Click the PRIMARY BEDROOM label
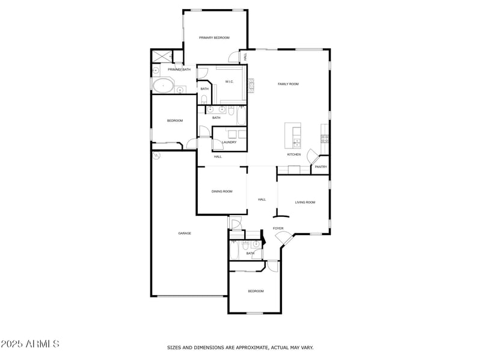215,38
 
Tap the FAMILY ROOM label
288,84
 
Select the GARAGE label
185,233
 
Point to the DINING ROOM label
222,192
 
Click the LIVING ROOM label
305,203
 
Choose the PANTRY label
321,167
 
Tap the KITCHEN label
294,155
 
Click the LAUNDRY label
229,142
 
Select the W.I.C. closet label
230,82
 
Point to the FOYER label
278,228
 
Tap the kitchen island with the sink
293,136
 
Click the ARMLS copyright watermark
30,344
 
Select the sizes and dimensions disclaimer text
240,347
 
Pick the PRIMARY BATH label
179,70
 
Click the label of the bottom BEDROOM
256,291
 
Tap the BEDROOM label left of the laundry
175,121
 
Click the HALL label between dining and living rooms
262,200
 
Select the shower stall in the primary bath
161,56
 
